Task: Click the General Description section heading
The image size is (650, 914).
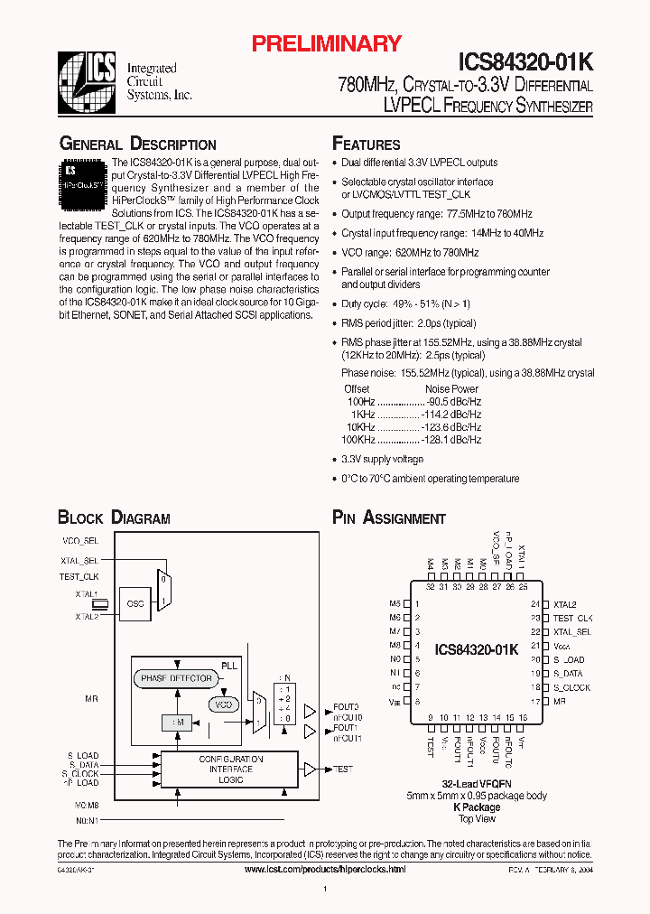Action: click(137, 145)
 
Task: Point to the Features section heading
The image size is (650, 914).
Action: click(367, 145)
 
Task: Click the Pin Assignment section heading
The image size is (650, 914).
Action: click(389, 518)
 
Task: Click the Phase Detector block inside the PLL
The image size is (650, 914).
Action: click(176, 677)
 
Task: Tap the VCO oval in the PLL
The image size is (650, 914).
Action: click(222, 704)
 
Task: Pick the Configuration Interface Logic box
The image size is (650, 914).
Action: click(230, 769)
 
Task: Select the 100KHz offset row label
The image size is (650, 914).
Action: click(358, 439)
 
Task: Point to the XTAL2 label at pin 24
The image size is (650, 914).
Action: click(565, 604)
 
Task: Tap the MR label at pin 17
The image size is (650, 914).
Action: click(560, 701)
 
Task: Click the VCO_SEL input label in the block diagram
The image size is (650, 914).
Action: click(79, 540)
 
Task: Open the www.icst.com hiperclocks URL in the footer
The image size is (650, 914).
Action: click(325, 868)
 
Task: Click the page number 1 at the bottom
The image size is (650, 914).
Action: click(325, 890)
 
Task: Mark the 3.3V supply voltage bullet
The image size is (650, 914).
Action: click(382, 460)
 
